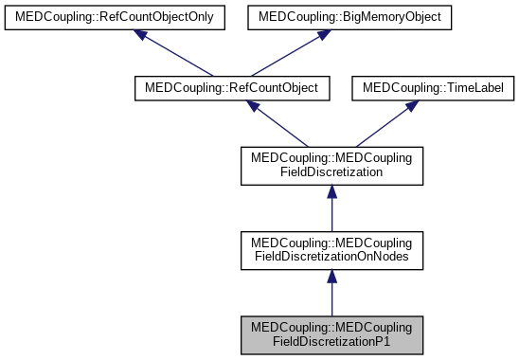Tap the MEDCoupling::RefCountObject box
pos(232,87)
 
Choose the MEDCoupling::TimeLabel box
pos(432,87)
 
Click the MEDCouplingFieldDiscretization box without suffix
pos(331,166)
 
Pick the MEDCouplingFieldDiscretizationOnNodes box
pos(331,248)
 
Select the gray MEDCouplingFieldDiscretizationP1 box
pos(331,335)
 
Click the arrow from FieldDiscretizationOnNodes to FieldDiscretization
pos(331,207)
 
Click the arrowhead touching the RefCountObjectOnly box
pos(139,35)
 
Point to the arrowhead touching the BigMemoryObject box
pos(323,35)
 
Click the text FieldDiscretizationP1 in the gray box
pos(331,342)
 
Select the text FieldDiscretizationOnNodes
pos(331,256)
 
